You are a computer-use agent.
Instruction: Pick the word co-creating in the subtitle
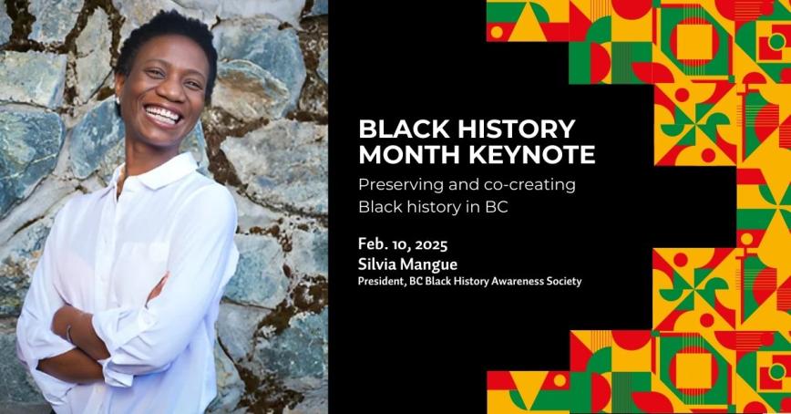point(530,184)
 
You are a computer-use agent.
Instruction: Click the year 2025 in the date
point(429,245)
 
